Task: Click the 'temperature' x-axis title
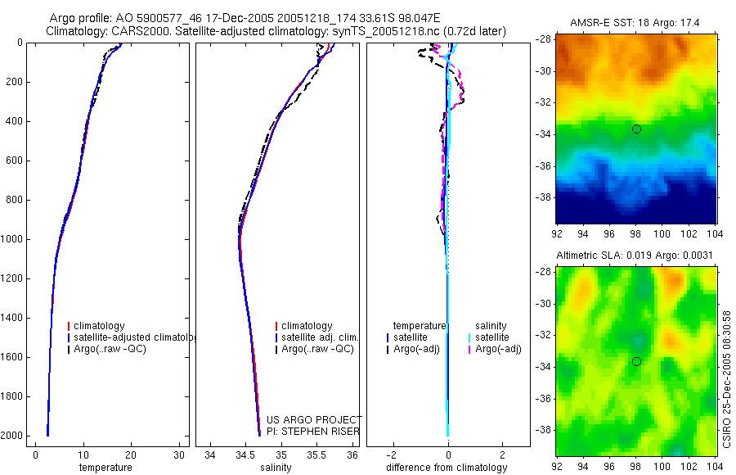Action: (105, 468)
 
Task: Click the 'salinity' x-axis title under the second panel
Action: (276, 468)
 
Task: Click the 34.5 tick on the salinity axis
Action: (245, 455)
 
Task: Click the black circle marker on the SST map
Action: (636, 129)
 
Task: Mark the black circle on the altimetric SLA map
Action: (636, 362)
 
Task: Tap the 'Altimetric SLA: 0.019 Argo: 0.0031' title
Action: (635, 256)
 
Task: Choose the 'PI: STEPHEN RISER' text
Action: (313, 432)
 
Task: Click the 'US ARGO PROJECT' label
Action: (313, 420)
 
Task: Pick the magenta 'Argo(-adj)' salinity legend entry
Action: (498, 349)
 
